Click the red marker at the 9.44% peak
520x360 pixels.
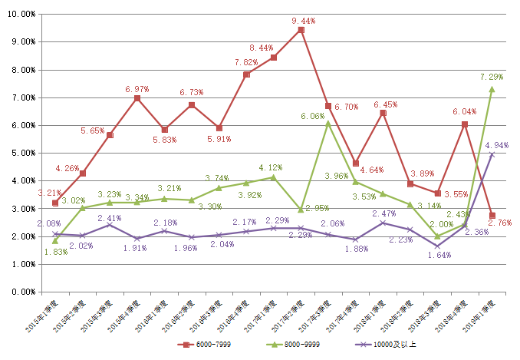(x=301, y=30)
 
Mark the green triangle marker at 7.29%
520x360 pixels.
(x=492, y=89)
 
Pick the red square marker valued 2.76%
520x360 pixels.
(x=492, y=216)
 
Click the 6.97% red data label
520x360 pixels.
(x=137, y=90)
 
